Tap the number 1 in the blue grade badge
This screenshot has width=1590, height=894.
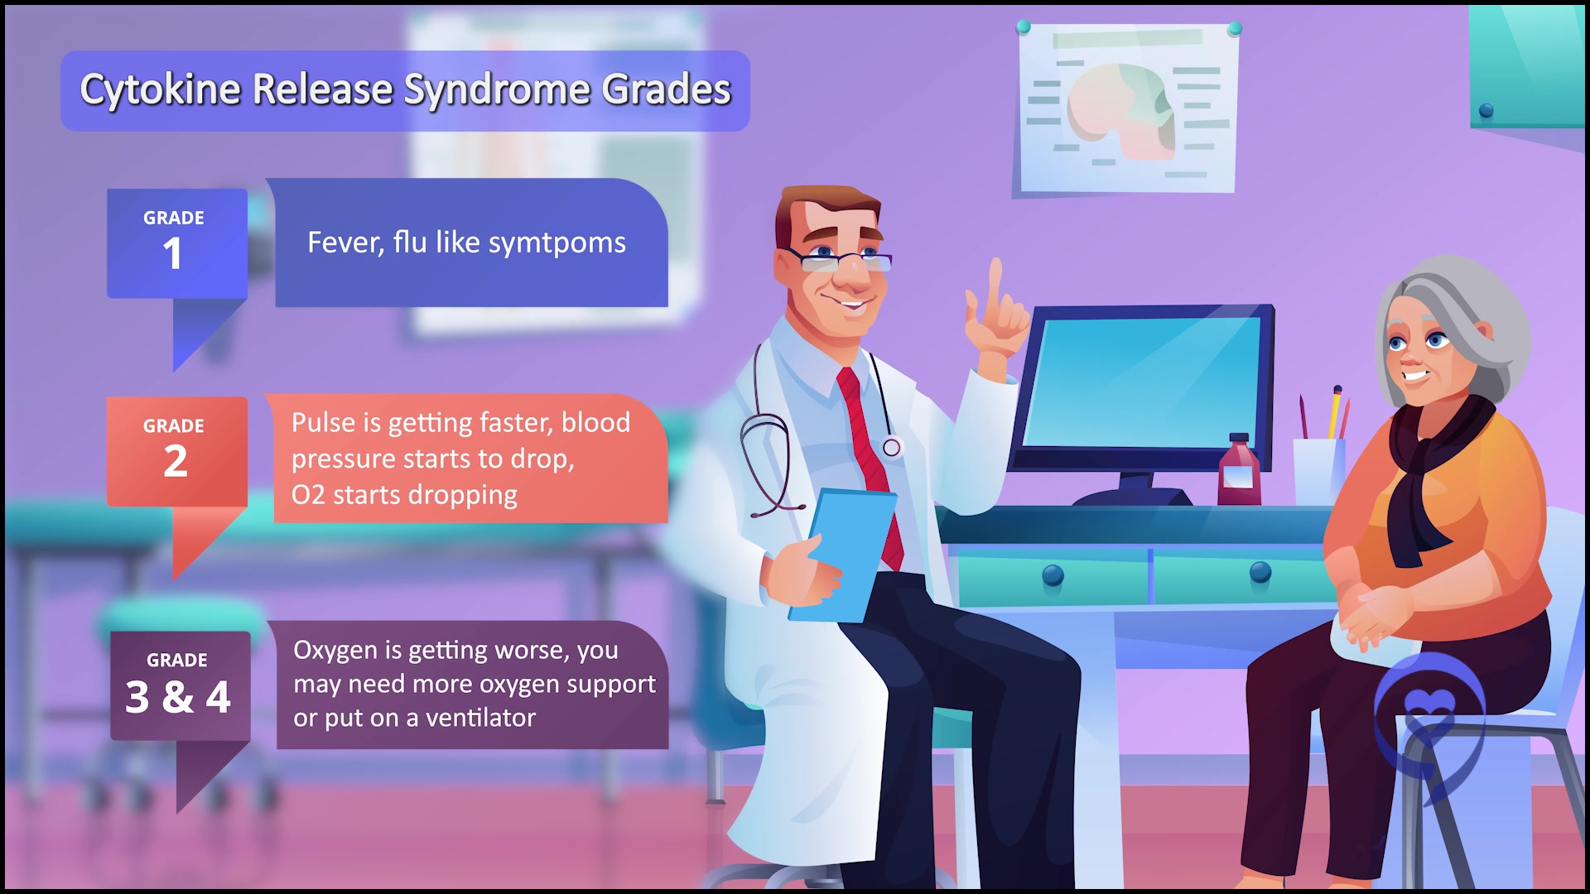[172, 253]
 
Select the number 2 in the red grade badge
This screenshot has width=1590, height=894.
[175, 461]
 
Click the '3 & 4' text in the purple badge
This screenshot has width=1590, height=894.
[178, 697]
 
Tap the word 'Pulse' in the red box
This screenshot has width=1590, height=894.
[324, 423]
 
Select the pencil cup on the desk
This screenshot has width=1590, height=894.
[1318, 471]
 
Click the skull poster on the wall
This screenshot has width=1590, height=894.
[1126, 108]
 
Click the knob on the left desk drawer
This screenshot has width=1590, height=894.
[1053, 574]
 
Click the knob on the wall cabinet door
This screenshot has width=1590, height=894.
[1486, 111]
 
